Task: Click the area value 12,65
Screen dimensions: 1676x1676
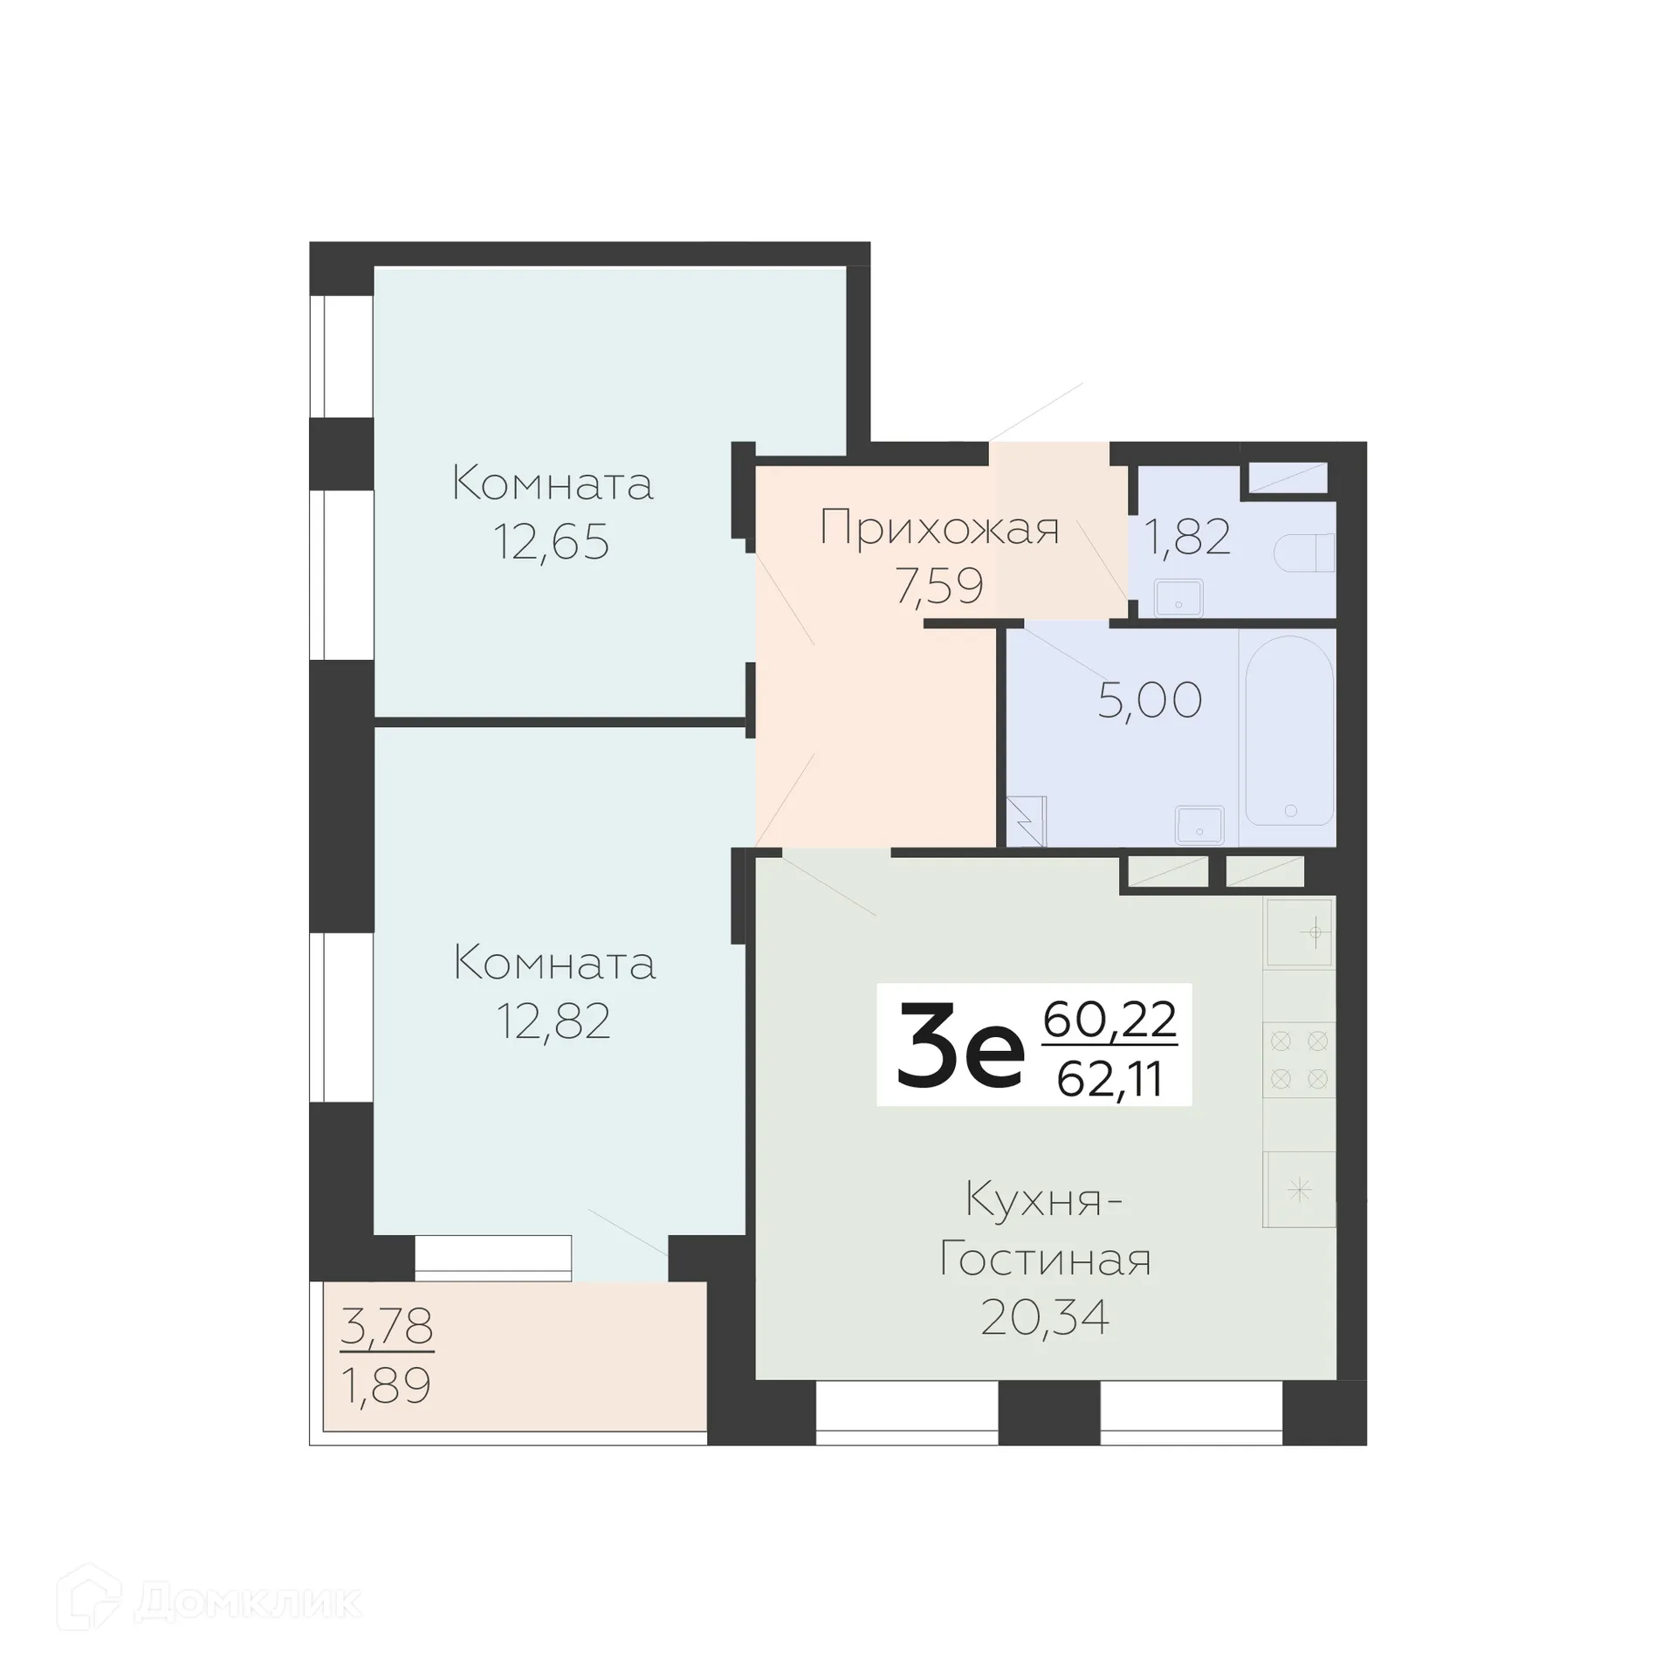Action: (551, 542)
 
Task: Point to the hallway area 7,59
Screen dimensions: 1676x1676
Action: (939, 585)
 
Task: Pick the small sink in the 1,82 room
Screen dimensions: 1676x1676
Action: (1178, 598)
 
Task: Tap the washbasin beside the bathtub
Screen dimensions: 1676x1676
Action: (1199, 825)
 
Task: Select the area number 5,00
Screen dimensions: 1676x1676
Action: (1150, 700)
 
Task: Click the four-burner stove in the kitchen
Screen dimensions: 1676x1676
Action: (1299, 1060)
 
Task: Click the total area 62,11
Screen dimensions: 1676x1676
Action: (1109, 1080)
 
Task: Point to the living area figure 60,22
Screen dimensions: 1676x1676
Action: (1109, 1019)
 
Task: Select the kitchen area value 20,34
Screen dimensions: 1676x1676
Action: (1045, 1317)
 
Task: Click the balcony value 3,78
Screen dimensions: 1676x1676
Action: (387, 1326)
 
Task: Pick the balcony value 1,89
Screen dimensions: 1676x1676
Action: (387, 1385)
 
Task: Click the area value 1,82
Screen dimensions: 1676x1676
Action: (1187, 537)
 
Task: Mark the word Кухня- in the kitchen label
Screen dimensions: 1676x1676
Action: (1044, 1200)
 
